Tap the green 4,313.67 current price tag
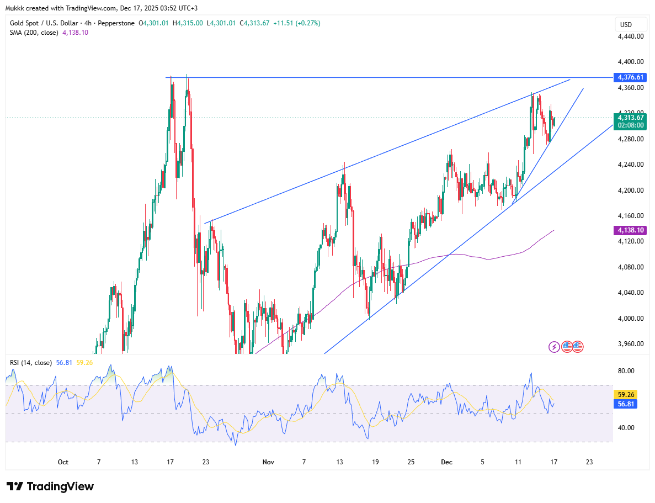coord(631,117)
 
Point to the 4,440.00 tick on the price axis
coord(631,36)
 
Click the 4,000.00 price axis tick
coord(631,318)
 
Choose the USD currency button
coord(626,25)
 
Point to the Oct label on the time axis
coord(63,462)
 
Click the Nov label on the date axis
coord(268,462)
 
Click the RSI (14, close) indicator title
coord(30,363)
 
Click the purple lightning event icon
coord(554,347)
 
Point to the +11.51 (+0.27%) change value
coord(299,23)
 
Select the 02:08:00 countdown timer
coord(631,125)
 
